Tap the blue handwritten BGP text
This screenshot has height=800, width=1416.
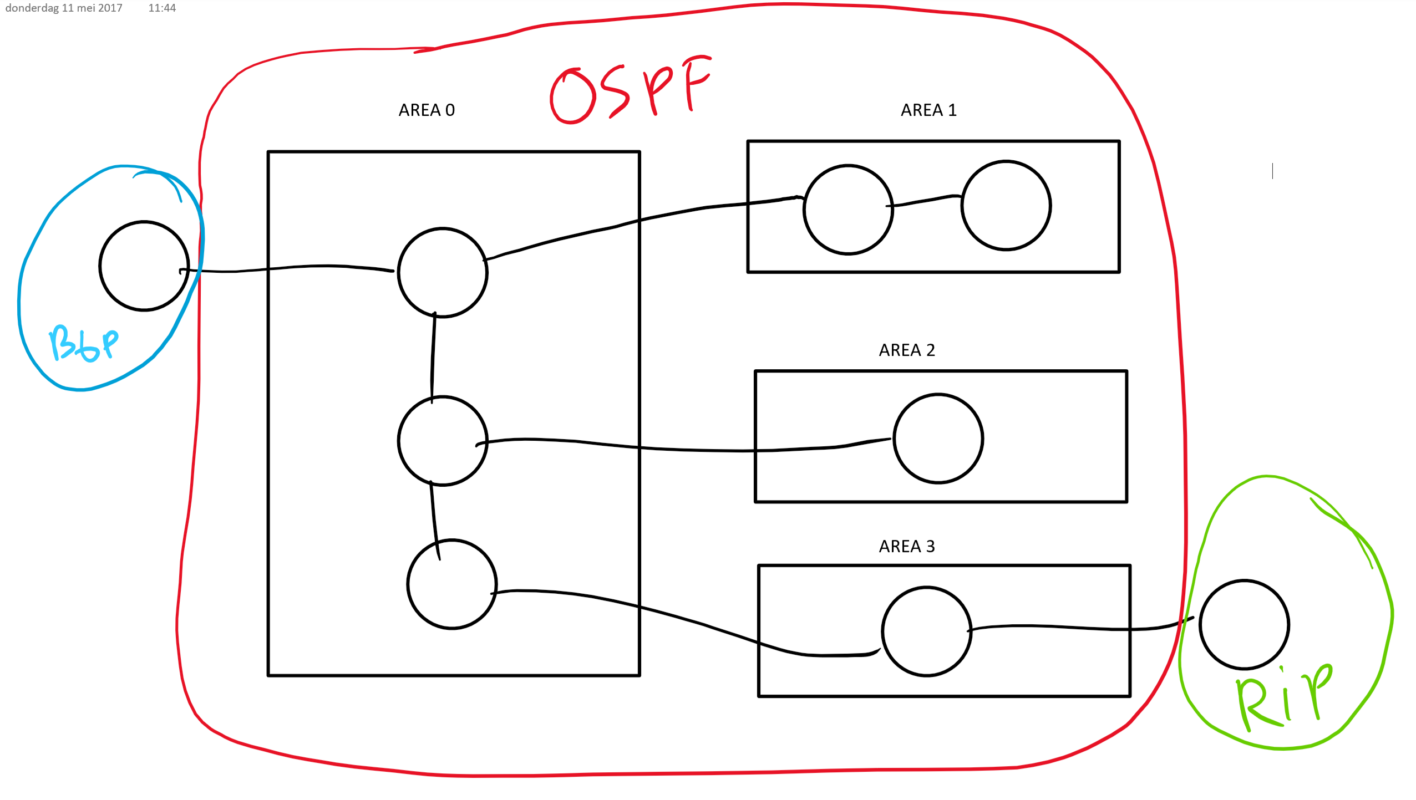pyautogui.click(x=84, y=343)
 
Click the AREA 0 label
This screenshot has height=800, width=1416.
pyautogui.click(x=427, y=110)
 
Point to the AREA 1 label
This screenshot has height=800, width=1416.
pyautogui.click(x=928, y=110)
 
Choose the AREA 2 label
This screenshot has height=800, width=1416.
pyautogui.click(x=907, y=350)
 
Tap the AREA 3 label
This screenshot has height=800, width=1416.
pyautogui.click(x=907, y=546)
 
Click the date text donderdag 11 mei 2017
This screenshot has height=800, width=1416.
pyautogui.click(x=64, y=8)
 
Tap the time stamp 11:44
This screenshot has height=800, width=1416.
pyautogui.click(x=162, y=8)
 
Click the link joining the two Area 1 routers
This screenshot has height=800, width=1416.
pyautogui.click(x=924, y=201)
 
